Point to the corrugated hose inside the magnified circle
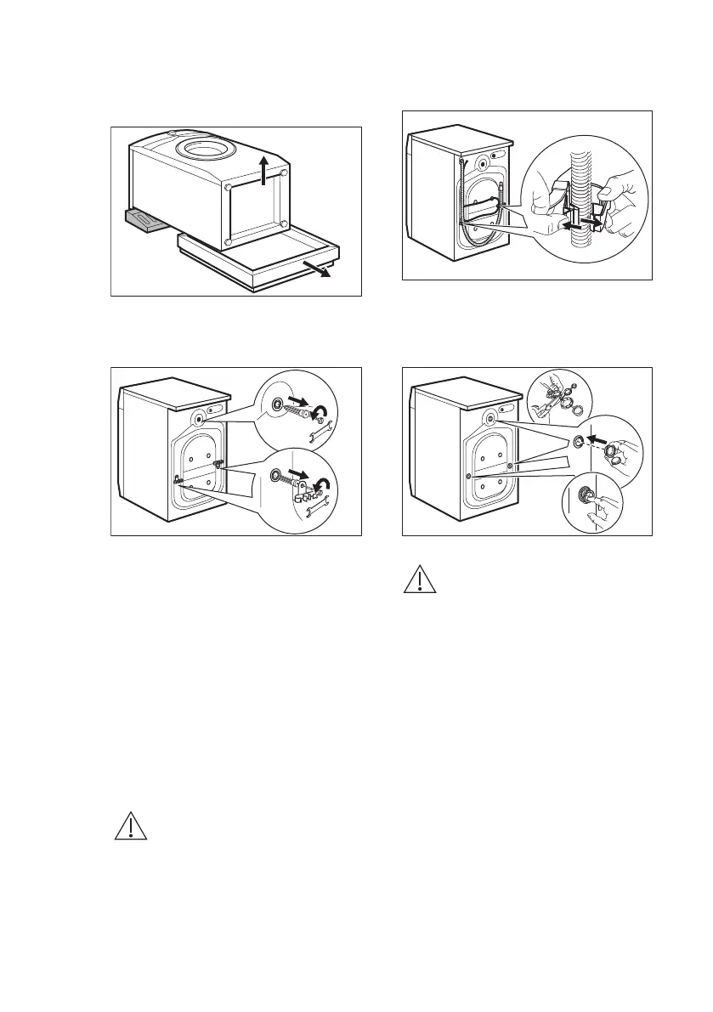click(x=584, y=170)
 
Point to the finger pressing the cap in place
click(x=597, y=507)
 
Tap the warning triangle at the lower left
click(x=131, y=827)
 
